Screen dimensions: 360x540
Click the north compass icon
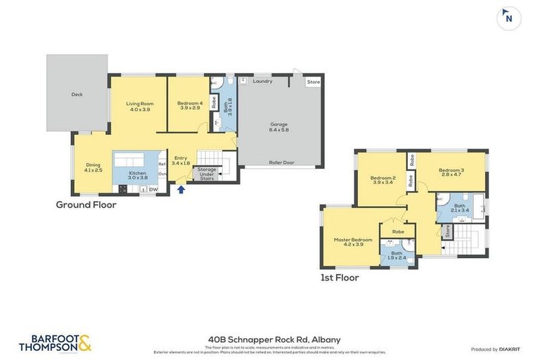point(508,19)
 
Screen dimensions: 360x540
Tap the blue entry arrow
point(181,188)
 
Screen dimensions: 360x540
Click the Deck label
point(77,94)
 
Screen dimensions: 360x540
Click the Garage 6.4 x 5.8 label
point(279,127)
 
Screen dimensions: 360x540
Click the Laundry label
point(263,82)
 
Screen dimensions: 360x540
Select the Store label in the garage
point(313,82)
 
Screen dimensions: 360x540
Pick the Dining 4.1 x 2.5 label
point(94,167)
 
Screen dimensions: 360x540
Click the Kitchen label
point(136,175)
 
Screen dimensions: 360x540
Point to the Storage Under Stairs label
point(207,174)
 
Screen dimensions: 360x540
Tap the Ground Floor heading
point(86,205)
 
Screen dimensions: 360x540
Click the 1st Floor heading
point(339,278)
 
